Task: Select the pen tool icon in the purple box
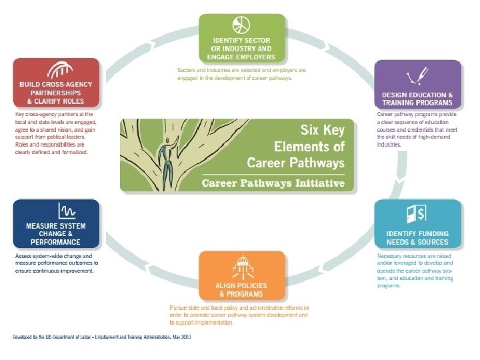[418, 75]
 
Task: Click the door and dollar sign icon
[417, 214]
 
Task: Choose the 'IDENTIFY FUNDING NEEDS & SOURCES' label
[417, 237]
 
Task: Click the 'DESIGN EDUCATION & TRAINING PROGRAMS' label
[417, 99]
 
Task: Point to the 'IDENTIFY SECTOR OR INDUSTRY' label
[242, 48]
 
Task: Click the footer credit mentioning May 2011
[103, 338]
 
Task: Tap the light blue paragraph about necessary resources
[415, 271]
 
